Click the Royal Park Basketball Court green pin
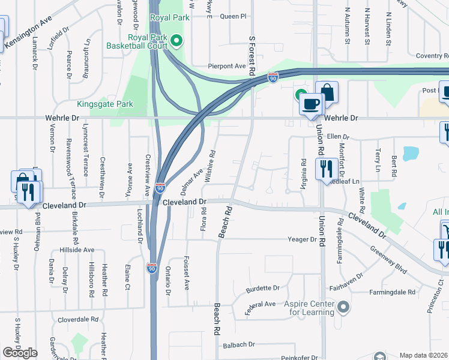tap(176, 41)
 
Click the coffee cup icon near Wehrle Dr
tap(311, 104)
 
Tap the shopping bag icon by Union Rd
tap(327, 92)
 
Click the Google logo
tap(20, 353)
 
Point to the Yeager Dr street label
tap(302, 239)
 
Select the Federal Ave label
tap(260, 304)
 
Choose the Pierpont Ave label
tap(227, 66)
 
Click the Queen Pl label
tap(233, 17)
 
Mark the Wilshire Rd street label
tap(211, 166)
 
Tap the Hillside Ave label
tap(77, 250)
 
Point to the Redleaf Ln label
tap(344, 181)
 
